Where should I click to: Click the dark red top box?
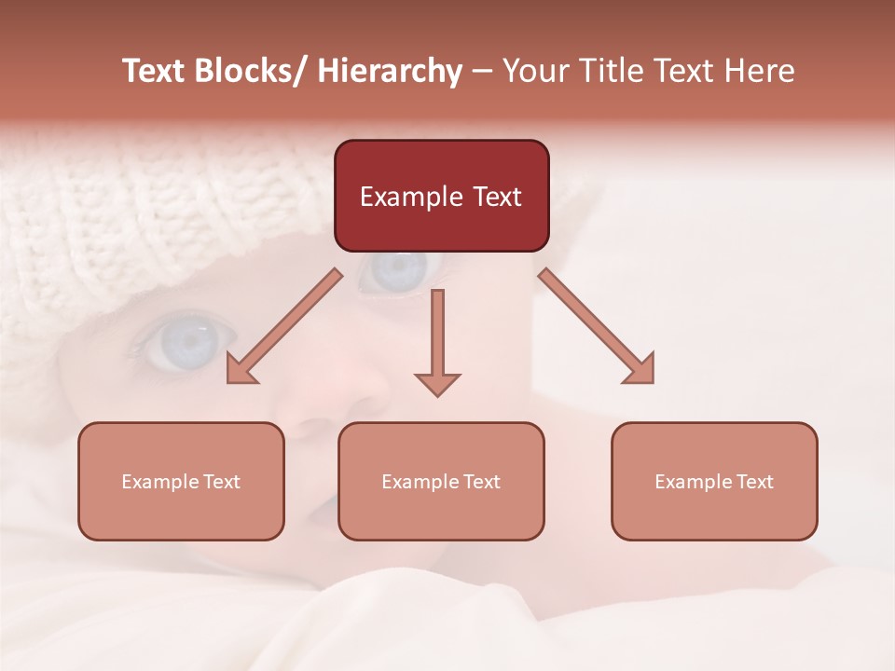pos(441,196)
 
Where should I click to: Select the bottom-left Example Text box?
pos(181,481)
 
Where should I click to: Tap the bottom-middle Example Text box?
pos(441,481)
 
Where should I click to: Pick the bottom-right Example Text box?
pos(714,481)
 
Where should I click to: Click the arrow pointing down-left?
pos(284,327)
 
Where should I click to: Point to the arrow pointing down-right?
pos(596,326)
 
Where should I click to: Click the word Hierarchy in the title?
pos(390,71)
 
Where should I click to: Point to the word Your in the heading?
pos(535,71)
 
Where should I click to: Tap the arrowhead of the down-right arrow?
pos(641,370)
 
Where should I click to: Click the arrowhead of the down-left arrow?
pos(240,371)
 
